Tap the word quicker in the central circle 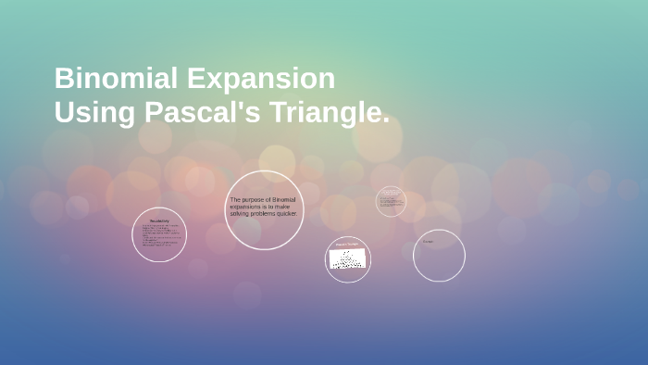[286, 213]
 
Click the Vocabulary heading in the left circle [158, 220]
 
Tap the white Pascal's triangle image [347, 259]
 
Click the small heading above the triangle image [347, 245]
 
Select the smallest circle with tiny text [391, 201]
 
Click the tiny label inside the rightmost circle [428, 242]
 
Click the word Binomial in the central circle [283, 199]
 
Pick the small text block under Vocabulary [158, 237]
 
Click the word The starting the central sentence [235, 199]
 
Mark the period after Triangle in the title [385, 120]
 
